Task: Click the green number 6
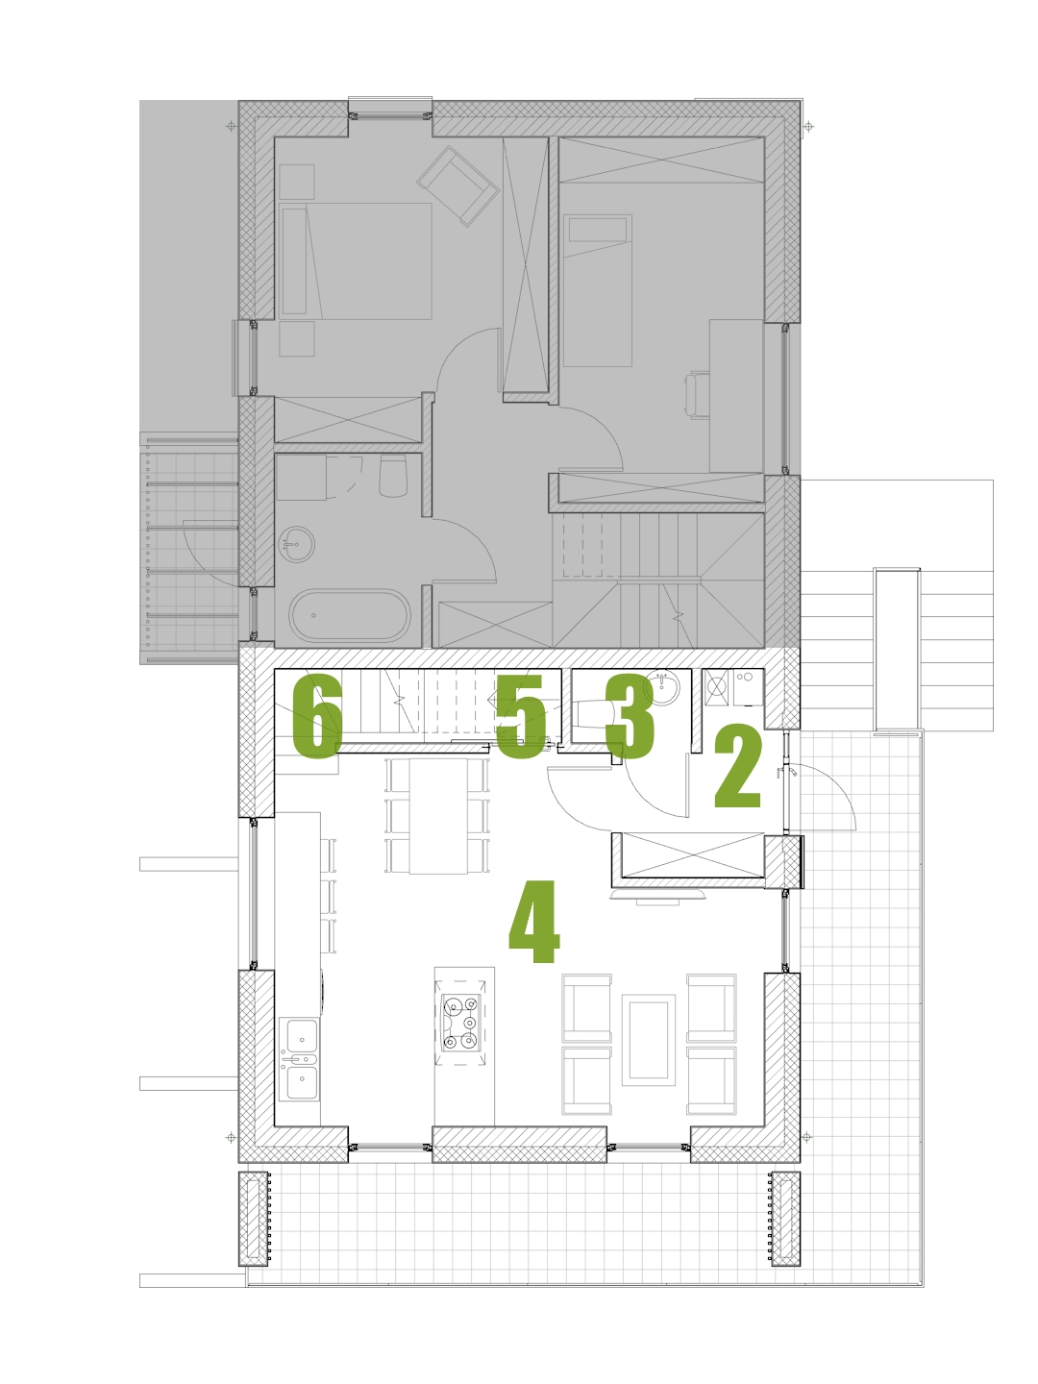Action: point(317,716)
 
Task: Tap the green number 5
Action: point(521,716)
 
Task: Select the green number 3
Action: point(629,716)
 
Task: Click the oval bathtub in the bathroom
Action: point(350,615)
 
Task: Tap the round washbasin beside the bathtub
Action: point(296,544)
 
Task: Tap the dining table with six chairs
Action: point(438,816)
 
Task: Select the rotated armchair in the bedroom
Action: point(458,186)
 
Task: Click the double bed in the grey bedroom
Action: point(356,261)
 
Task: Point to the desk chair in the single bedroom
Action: point(698,395)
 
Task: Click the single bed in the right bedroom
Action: point(598,290)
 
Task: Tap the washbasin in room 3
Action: point(662,686)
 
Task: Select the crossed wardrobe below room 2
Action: point(693,855)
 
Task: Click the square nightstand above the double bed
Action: point(297,183)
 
